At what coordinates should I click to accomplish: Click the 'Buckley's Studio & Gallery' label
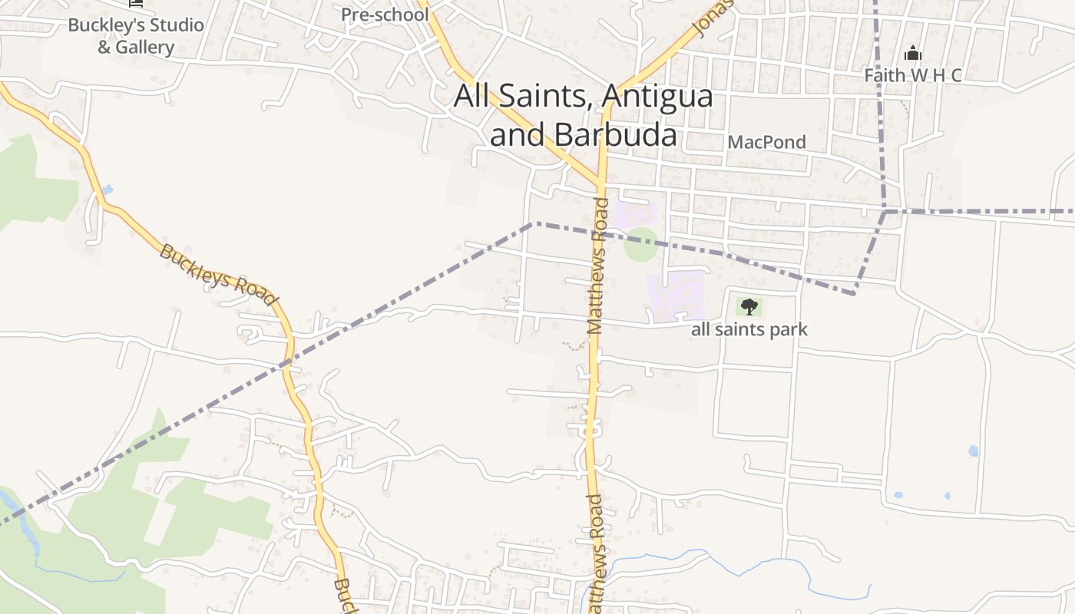click(x=136, y=35)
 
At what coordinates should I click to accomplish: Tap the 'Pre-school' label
click(x=385, y=15)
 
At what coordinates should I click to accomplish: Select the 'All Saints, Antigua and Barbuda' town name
click(x=584, y=115)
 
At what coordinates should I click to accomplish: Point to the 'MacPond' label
click(x=766, y=142)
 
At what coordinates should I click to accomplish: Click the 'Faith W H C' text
click(x=912, y=75)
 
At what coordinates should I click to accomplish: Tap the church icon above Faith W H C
click(x=912, y=53)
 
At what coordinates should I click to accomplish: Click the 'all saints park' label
click(x=749, y=329)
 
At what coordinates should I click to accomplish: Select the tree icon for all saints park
click(x=749, y=307)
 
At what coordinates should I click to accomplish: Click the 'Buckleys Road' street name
click(x=217, y=275)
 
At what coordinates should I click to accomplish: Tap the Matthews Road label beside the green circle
click(x=598, y=265)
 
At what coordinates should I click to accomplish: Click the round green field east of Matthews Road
click(x=640, y=244)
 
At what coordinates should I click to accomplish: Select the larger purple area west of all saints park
click(x=676, y=295)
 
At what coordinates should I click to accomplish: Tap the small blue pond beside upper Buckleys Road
click(x=107, y=189)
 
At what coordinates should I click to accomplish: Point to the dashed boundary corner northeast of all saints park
click(x=854, y=293)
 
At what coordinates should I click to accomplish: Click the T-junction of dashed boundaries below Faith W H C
click(x=885, y=210)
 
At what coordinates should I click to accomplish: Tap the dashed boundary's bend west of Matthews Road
click(x=533, y=223)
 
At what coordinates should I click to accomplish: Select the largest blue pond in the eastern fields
click(x=974, y=451)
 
